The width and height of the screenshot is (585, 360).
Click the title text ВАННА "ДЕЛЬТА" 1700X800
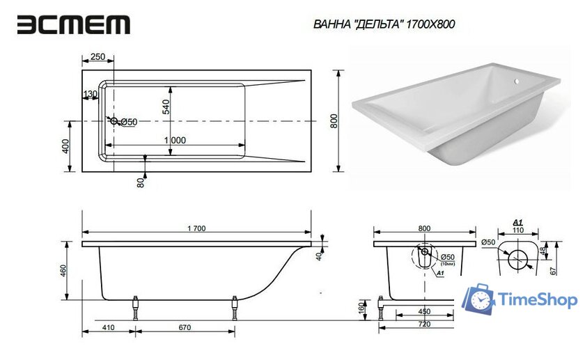click(385, 24)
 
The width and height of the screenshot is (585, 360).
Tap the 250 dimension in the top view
click(97, 56)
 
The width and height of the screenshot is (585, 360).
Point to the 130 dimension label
click(91, 94)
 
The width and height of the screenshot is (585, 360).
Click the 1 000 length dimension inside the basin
click(174, 140)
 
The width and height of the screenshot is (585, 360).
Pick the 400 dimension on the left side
click(65, 147)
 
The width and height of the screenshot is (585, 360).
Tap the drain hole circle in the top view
click(114, 122)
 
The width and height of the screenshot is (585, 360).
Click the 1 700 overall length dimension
click(197, 228)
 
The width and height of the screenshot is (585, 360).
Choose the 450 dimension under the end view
click(423, 311)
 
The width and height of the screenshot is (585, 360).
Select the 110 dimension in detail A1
click(517, 229)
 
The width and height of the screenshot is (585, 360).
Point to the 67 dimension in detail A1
click(554, 270)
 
